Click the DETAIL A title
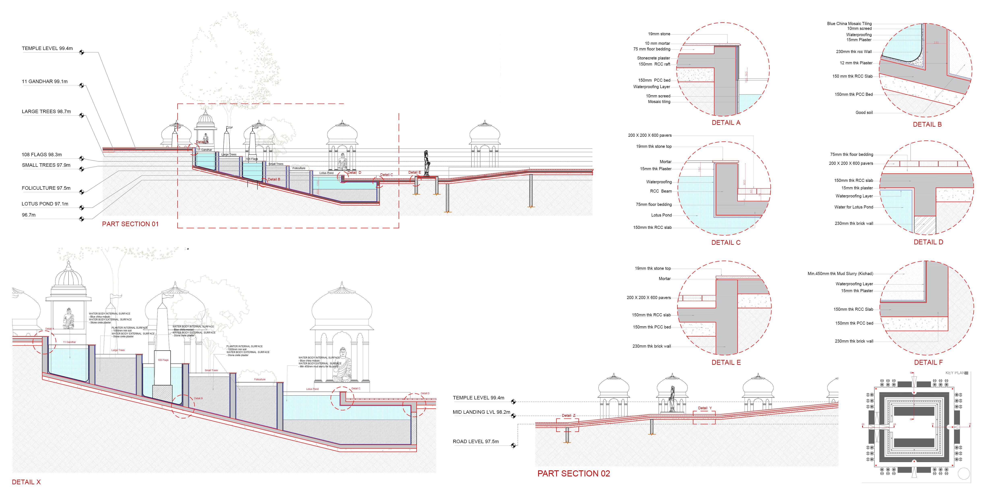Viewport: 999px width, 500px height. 726,123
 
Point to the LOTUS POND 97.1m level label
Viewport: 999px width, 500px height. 45,204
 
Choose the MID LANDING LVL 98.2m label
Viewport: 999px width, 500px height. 481,412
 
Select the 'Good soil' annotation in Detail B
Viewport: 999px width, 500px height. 864,112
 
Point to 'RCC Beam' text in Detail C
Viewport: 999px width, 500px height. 661,191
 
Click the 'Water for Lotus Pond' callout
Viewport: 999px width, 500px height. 854,207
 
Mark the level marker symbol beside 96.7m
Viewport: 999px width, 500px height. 81,219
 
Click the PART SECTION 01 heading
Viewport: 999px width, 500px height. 130,224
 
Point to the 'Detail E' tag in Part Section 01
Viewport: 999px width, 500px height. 414,172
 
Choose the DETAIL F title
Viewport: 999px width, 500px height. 928,362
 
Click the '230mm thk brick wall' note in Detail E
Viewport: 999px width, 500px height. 651,346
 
